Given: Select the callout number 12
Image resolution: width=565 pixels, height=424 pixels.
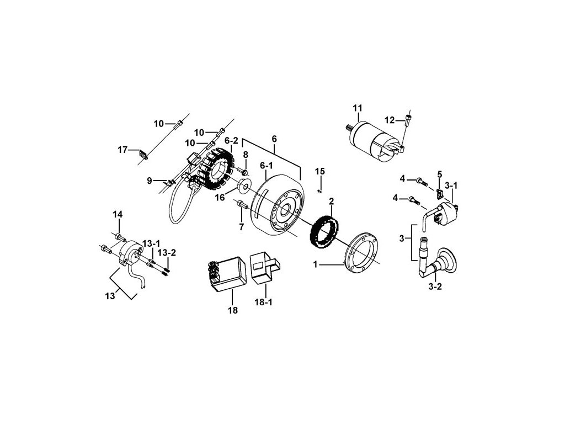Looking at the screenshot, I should (390, 120).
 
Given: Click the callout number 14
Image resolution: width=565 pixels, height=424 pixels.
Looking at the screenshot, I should (118, 214).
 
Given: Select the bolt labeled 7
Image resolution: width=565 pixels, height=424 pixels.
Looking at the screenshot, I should (241, 206).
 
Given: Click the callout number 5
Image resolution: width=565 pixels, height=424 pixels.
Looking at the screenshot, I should (440, 174).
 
